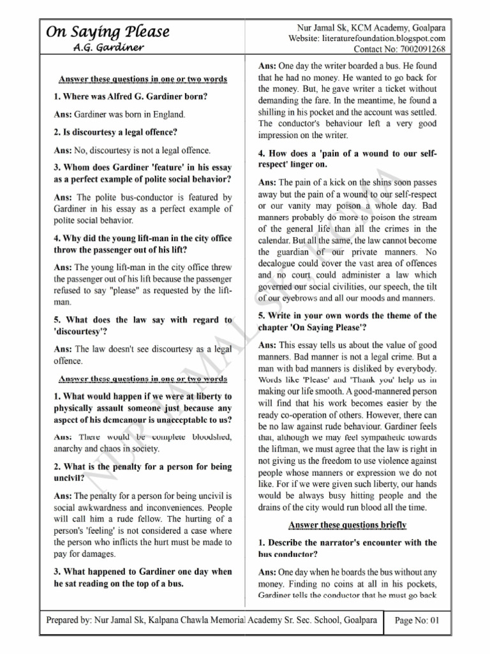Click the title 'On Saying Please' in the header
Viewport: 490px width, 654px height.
(x=108, y=32)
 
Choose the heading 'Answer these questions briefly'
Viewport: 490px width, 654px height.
(x=347, y=525)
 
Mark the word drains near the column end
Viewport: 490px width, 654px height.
(x=275, y=507)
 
